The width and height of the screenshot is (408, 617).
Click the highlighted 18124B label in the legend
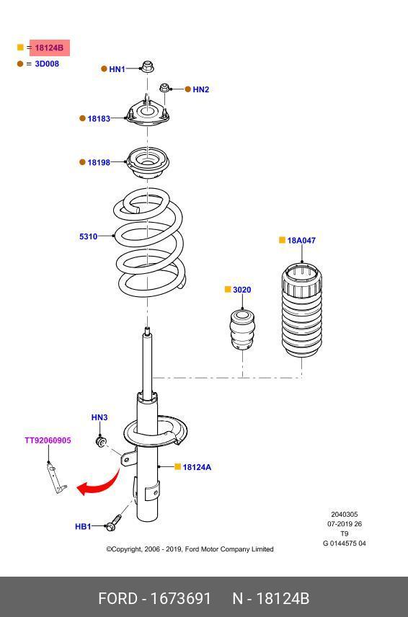[49, 48]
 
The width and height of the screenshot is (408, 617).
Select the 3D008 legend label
[47, 63]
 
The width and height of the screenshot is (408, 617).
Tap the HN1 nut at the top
[148, 67]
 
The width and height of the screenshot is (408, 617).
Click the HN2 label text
[200, 89]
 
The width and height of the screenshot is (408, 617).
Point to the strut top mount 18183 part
[148, 114]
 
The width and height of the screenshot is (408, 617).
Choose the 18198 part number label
[99, 162]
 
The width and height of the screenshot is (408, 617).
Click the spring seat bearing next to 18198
[148, 163]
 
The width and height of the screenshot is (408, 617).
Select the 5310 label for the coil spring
[88, 236]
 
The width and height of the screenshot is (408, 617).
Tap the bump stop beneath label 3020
[242, 329]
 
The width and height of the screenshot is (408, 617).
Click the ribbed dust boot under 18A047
[302, 311]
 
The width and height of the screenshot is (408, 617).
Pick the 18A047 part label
[301, 241]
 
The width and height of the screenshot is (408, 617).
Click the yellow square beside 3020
[227, 289]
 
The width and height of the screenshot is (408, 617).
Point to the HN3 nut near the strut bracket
[102, 441]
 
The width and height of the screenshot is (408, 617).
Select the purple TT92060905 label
[48, 440]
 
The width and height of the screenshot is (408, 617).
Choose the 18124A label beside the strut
[197, 468]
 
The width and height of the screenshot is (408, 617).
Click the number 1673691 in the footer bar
[181, 598]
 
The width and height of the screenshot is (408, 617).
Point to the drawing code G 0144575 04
[345, 543]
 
